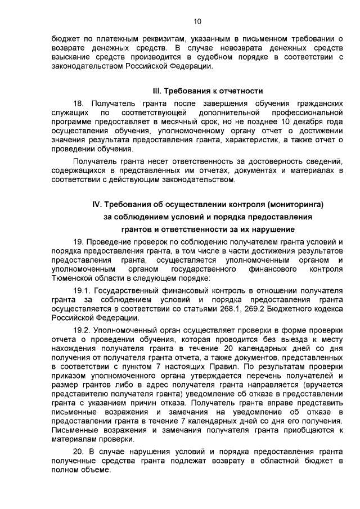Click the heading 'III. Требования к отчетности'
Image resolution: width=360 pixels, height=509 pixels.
point(208,91)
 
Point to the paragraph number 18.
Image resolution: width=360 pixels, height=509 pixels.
point(79,105)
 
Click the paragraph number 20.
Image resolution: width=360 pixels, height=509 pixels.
point(79,453)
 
